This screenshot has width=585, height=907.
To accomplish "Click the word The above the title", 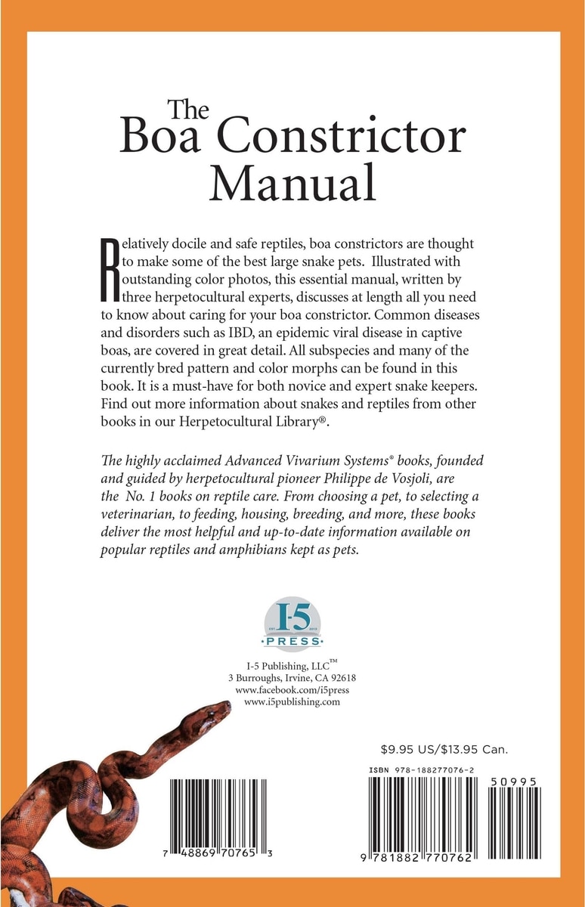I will pos(183,110).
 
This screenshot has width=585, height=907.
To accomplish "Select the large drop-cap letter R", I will pos(110,266).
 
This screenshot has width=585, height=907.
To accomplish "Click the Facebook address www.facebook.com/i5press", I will pos(292,690).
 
